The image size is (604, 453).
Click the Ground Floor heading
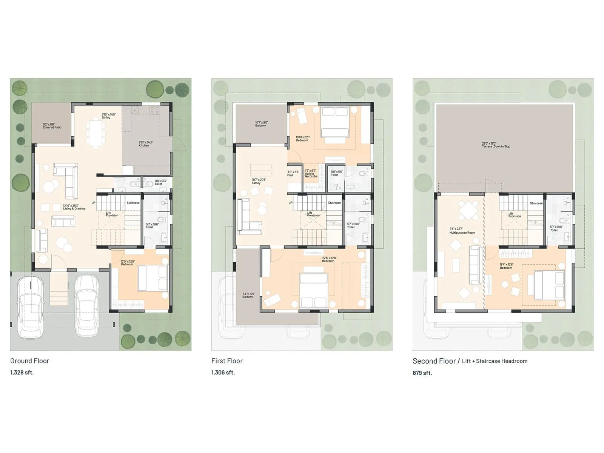[30, 361]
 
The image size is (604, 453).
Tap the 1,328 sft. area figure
[22, 373]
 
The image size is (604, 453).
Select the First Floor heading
[227, 361]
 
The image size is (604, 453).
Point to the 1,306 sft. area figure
[223, 373]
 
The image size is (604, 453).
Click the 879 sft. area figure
[422, 373]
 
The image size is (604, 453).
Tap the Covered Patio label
[52, 126]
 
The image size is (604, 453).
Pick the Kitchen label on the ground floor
[144, 144]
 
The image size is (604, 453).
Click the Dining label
[107, 116]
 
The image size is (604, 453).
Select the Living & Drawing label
[74, 207]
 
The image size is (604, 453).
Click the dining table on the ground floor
[96, 132]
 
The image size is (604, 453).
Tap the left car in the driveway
[31, 306]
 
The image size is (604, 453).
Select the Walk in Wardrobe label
[311, 174]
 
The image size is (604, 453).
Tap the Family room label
[257, 182]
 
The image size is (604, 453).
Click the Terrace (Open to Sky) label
[496, 145]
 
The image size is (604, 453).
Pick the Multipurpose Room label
[462, 231]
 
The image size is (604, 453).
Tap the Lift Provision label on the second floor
[514, 215]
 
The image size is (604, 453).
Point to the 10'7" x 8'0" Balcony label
[260, 124]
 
